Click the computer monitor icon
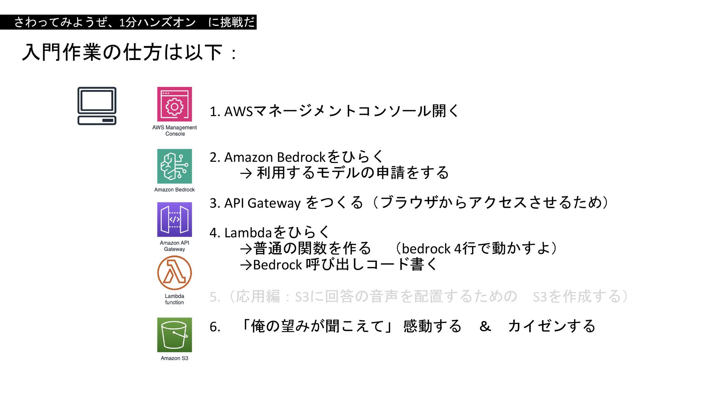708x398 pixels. pyautogui.click(x=97, y=106)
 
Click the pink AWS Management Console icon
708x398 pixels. pyautogui.click(x=174, y=104)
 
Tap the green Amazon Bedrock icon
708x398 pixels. pyautogui.click(x=174, y=166)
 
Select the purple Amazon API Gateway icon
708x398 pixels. pyautogui.click(x=174, y=219)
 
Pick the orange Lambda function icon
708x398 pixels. pyautogui.click(x=174, y=273)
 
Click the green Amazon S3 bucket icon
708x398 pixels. pyautogui.click(x=174, y=335)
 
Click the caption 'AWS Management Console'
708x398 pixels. pyautogui.click(x=174, y=130)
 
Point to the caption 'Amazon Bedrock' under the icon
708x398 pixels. pyautogui.click(x=174, y=189)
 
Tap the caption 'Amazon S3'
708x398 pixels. pyautogui.click(x=174, y=358)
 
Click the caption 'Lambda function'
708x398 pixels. pyautogui.click(x=174, y=299)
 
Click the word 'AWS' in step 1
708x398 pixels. pyautogui.click(x=239, y=111)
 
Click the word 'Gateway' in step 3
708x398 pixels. pyautogui.click(x=274, y=203)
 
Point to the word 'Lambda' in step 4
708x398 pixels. pyautogui.click(x=248, y=233)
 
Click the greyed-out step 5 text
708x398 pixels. pyautogui.click(x=419, y=297)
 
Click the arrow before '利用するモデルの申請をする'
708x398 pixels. pyautogui.click(x=246, y=173)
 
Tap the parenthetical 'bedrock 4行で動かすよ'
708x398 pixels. pyautogui.click(x=476, y=249)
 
